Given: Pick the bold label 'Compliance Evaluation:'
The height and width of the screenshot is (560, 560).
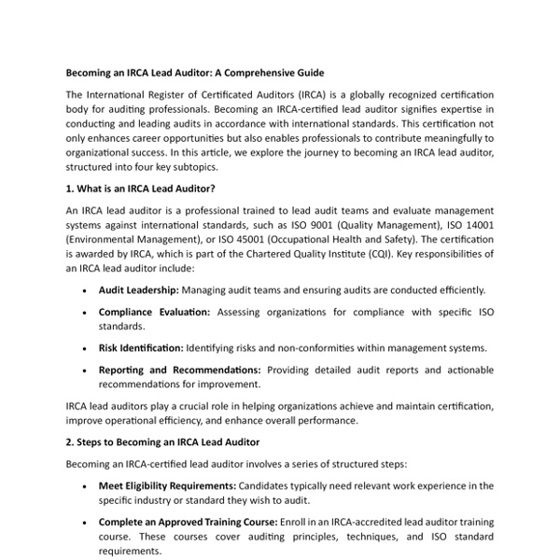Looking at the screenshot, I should click(155, 312).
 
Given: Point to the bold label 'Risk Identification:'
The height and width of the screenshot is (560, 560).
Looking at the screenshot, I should click(140, 348).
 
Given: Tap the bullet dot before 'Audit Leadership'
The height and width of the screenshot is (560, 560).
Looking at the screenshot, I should click(86, 291).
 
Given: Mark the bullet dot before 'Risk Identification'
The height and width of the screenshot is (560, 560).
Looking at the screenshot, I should click(86, 349).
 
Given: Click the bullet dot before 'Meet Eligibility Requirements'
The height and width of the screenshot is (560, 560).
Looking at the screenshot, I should click(86, 486).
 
